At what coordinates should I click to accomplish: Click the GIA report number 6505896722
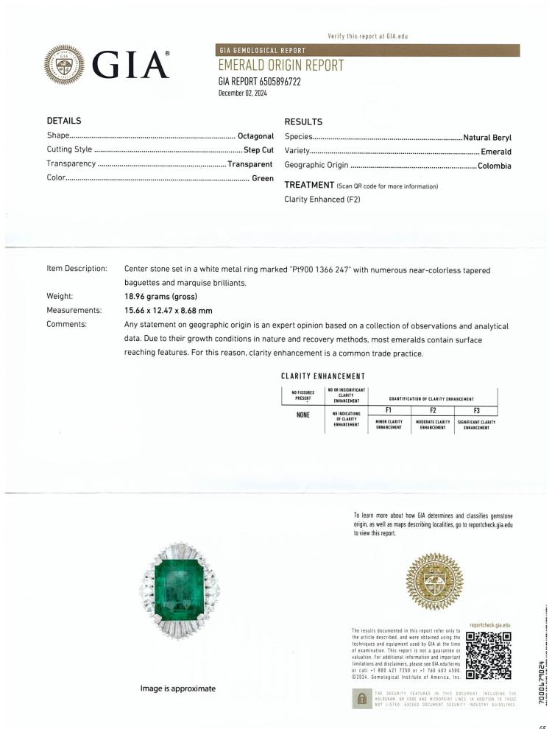pos(260,82)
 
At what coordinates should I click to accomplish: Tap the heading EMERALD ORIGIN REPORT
pos(281,66)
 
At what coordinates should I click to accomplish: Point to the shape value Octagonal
pos(255,136)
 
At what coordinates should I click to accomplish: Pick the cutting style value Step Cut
pos(258,149)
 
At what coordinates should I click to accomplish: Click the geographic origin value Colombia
pos(494,166)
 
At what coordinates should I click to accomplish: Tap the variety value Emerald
pos(495,152)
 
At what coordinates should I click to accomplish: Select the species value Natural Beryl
pos(486,137)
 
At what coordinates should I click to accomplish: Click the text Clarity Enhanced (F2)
pos(322,200)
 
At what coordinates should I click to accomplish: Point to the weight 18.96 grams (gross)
pos(166,297)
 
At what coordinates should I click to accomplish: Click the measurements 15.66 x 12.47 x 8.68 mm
pos(169,310)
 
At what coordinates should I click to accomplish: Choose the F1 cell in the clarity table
pos(388,411)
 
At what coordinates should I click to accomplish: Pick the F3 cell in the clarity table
pos(475,411)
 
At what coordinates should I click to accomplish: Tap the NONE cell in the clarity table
pos(302,415)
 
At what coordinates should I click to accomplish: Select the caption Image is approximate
pos(177,688)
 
